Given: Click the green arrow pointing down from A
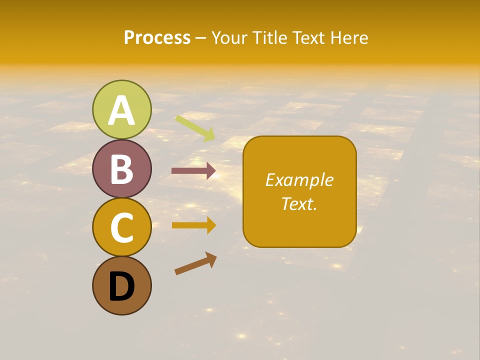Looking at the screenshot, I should tap(195, 128).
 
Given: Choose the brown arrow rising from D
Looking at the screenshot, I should tap(195, 263).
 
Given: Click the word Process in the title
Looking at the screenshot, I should tap(157, 37).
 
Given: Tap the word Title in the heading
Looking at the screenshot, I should tap(268, 37).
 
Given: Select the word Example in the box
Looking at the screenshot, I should tap(299, 180).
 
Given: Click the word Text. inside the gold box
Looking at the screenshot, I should tap(299, 203).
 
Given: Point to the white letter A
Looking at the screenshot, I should tap(121, 111).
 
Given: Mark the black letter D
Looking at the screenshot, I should tap(121, 286).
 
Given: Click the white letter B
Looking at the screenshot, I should tap(121, 169).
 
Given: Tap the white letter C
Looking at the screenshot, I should tap(121, 227).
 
